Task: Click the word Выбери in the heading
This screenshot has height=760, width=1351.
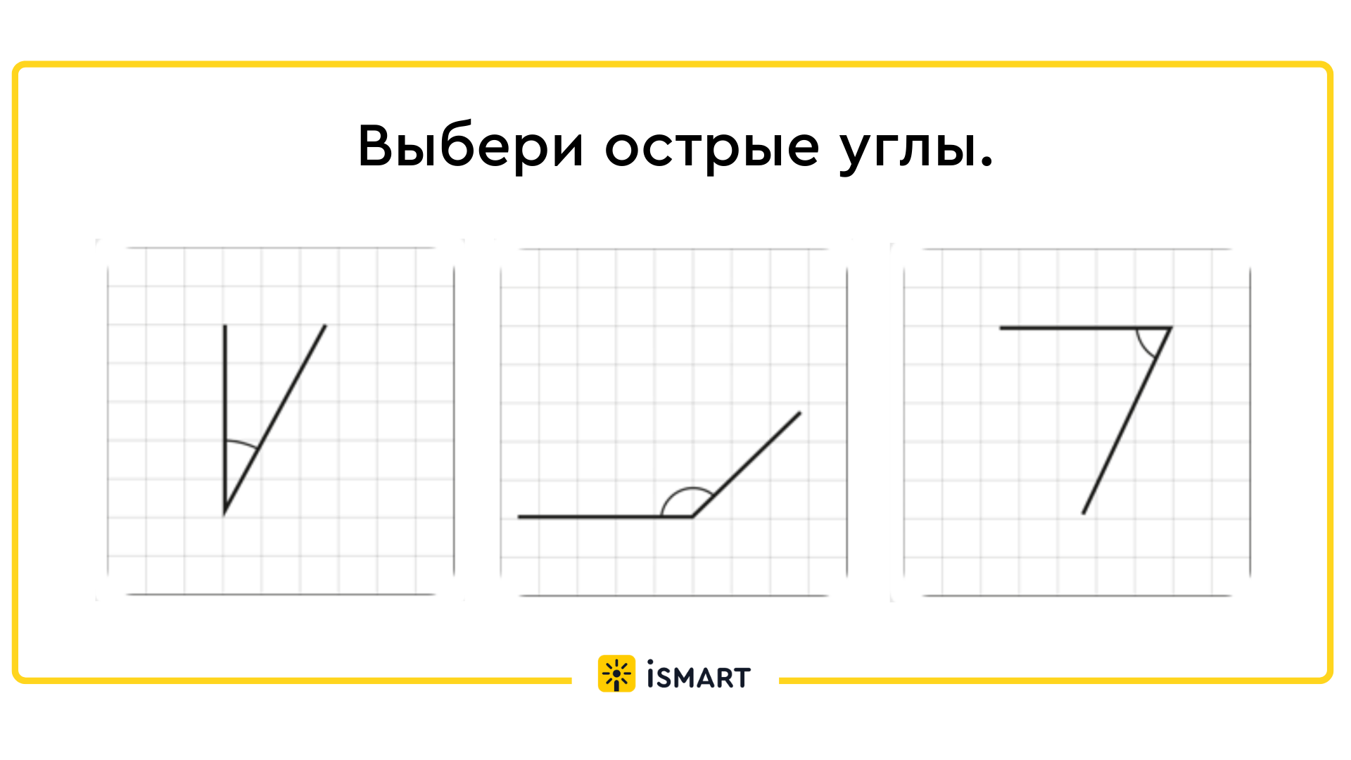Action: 471,146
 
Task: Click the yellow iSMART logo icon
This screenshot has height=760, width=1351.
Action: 616,673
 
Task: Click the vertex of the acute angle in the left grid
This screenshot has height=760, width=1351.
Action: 224,514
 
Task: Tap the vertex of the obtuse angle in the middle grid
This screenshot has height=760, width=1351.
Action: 692,517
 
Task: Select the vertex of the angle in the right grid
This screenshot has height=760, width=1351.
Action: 1170,328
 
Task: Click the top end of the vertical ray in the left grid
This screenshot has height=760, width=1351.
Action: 224,326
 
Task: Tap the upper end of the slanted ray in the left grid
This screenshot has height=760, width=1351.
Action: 326,325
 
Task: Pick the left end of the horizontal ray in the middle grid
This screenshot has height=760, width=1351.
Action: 519,517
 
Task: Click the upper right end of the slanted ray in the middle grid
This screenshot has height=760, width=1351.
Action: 800,413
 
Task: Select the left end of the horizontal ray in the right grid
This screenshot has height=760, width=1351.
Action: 1001,328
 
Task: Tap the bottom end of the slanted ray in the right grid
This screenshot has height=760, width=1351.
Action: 1083,513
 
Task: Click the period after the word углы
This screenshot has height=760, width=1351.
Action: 987,163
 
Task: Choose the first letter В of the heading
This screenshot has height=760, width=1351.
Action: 374,146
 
